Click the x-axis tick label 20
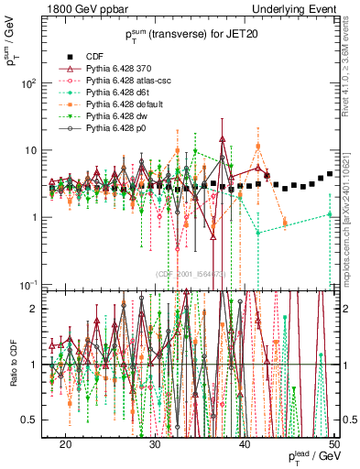point(65,443)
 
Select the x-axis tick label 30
point(155,443)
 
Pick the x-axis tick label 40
point(244,443)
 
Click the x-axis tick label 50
point(333,443)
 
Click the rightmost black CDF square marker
point(330,174)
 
